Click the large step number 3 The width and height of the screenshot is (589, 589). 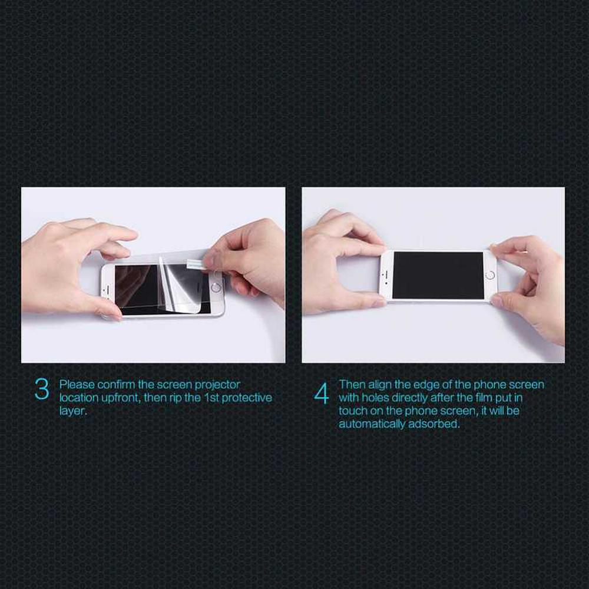[42, 389]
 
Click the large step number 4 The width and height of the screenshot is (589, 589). [322, 393]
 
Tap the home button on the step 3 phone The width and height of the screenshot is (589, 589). [216, 288]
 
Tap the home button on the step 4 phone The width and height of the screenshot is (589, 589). [490, 275]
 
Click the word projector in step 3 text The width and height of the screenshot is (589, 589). [217, 385]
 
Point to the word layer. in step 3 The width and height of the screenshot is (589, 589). [73, 411]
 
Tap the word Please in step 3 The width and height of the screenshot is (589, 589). [77, 385]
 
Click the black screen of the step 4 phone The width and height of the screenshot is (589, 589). [438, 275]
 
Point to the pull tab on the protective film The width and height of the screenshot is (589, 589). [196, 265]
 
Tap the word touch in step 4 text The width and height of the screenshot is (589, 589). [353, 411]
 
